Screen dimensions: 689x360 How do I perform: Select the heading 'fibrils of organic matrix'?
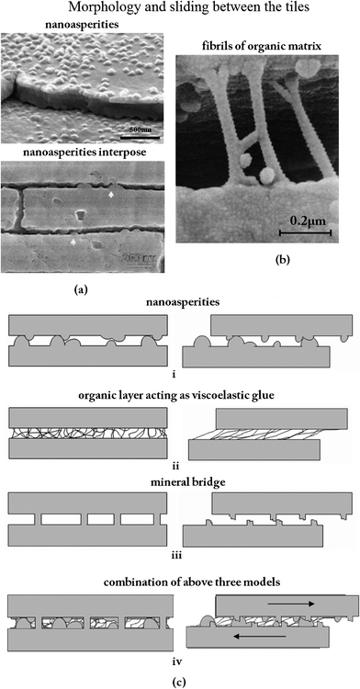pos(255,45)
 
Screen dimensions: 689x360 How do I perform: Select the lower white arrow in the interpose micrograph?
pos(73,240)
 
